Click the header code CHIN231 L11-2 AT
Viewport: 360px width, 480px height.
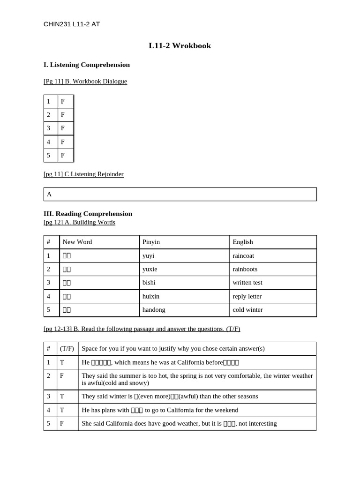click(x=71, y=24)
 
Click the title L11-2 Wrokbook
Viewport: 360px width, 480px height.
click(x=180, y=45)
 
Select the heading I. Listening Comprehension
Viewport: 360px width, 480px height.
click(x=87, y=65)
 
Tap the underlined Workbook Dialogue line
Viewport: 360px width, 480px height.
click(x=85, y=81)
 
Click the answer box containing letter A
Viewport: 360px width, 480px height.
click(x=180, y=194)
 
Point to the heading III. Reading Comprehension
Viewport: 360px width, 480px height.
click(x=88, y=214)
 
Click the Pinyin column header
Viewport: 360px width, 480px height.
click(x=151, y=242)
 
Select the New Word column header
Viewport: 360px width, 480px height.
click(x=77, y=242)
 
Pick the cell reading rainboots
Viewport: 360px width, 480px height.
click(x=245, y=269)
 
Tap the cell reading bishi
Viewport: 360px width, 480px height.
click(x=149, y=283)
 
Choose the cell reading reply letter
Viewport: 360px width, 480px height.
click(x=247, y=296)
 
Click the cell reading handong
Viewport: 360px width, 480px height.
click(x=154, y=310)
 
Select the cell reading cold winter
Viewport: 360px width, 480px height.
click(x=247, y=310)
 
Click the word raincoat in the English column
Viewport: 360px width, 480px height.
click(x=243, y=255)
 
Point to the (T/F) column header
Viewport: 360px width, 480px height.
click(x=67, y=349)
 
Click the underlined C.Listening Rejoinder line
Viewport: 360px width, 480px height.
click(x=83, y=174)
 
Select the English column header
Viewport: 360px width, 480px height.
click(x=243, y=242)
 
